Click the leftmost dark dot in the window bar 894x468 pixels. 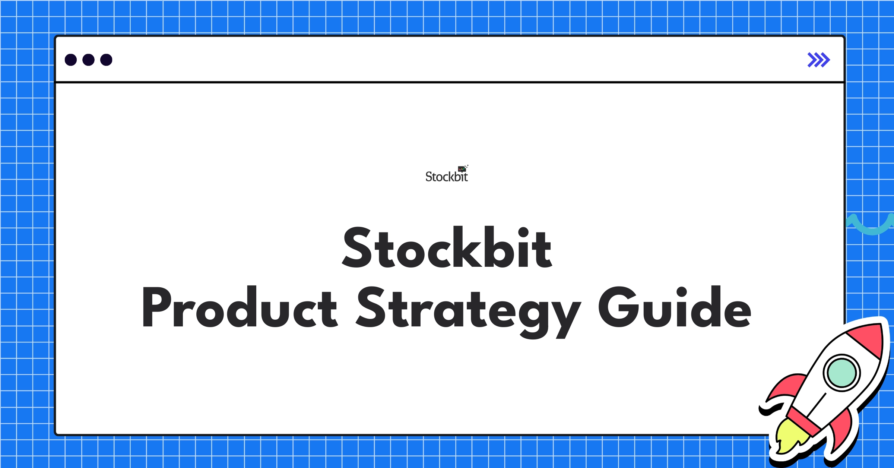click(x=71, y=60)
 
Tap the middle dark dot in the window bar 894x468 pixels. click(x=88, y=60)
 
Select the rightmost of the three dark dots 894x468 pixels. click(x=106, y=60)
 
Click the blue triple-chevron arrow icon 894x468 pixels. click(x=818, y=60)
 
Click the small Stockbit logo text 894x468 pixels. click(x=446, y=177)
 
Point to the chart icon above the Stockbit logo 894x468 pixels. click(x=462, y=169)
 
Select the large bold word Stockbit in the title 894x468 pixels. click(x=447, y=247)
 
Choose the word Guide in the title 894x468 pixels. click(x=675, y=308)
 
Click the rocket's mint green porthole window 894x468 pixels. click(x=841, y=373)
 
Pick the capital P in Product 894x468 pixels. click(x=156, y=308)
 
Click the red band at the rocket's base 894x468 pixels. click(x=805, y=421)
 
